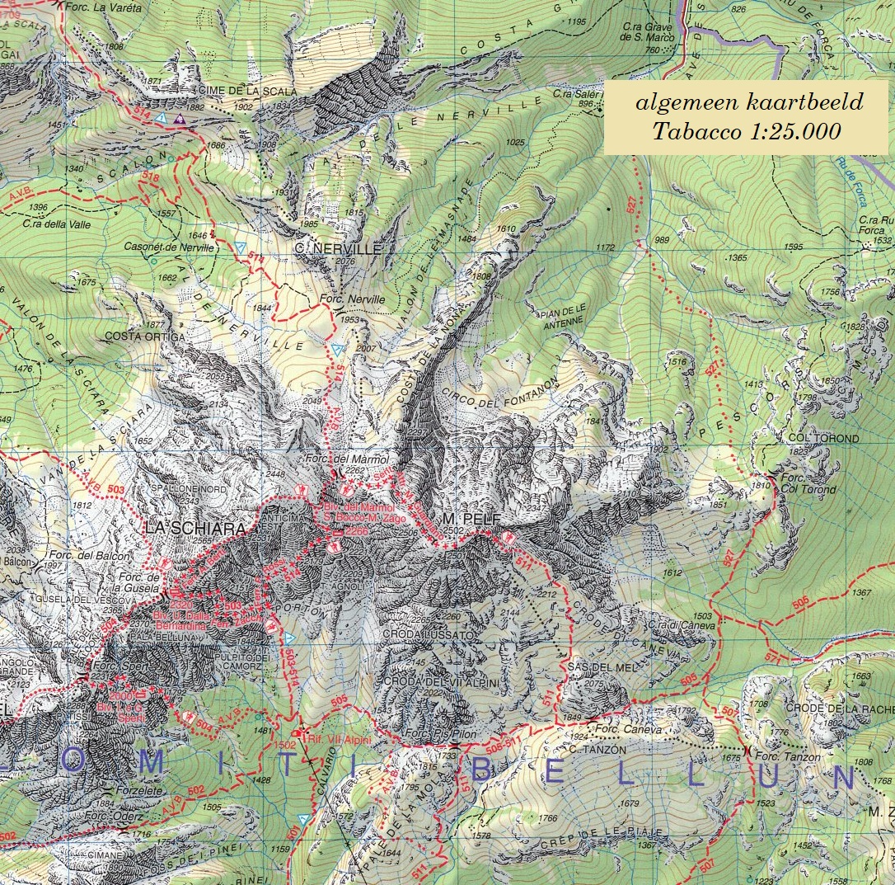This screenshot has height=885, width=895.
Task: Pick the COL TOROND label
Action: (x=822, y=439)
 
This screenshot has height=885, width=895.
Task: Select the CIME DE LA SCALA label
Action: (x=246, y=91)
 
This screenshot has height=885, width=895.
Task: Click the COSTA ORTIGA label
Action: (x=145, y=337)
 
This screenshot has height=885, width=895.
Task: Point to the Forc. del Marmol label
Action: (x=346, y=459)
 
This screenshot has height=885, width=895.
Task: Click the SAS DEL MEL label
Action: (x=593, y=666)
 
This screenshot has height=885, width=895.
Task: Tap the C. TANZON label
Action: (x=597, y=750)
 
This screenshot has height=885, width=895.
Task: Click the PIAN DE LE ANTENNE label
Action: (x=564, y=317)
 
